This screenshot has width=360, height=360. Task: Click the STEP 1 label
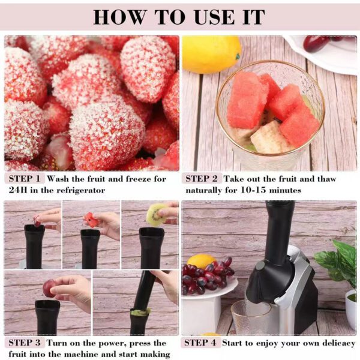click(23, 179)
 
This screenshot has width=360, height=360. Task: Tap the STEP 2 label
click(202, 179)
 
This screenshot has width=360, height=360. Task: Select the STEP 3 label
click(23, 343)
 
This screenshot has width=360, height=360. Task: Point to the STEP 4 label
click(202, 343)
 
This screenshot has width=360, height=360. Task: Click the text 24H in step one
click(17, 190)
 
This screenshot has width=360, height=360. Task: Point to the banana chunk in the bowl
click(264, 137)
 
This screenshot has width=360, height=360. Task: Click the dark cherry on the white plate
click(316, 43)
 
